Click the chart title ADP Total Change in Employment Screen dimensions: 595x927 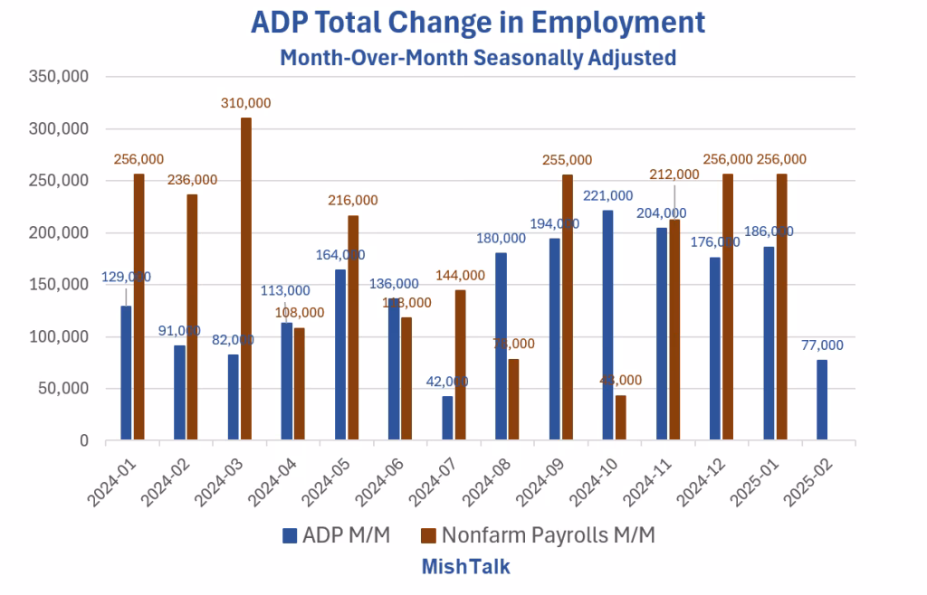[x=478, y=22]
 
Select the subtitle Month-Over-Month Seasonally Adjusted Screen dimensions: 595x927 [x=478, y=58]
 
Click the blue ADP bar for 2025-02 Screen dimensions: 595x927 [x=822, y=401]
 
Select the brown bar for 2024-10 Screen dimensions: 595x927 [x=621, y=418]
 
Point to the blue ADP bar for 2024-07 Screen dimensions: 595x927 [x=447, y=419]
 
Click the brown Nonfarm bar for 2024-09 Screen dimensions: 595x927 [x=568, y=307]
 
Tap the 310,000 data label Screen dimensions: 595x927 [x=246, y=103]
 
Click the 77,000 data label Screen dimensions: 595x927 [x=822, y=345]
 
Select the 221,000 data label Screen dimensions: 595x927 [x=607, y=195]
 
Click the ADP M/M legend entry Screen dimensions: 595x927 [x=336, y=535]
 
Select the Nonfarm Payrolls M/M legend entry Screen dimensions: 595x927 [x=538, y=535]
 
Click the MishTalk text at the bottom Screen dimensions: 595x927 [x=466, y=567]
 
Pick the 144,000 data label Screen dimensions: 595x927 [x=461, y=275]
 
